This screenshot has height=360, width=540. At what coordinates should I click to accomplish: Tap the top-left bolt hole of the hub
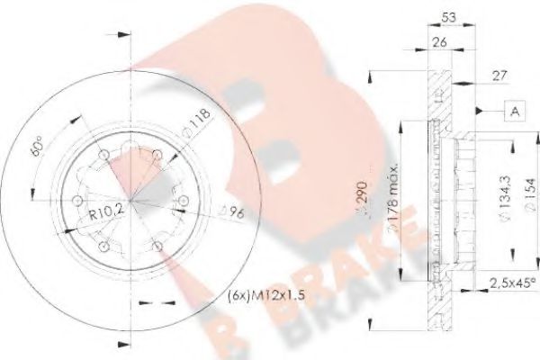tap(105, 154)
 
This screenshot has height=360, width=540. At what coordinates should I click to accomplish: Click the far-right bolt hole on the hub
tap(185, 201)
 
